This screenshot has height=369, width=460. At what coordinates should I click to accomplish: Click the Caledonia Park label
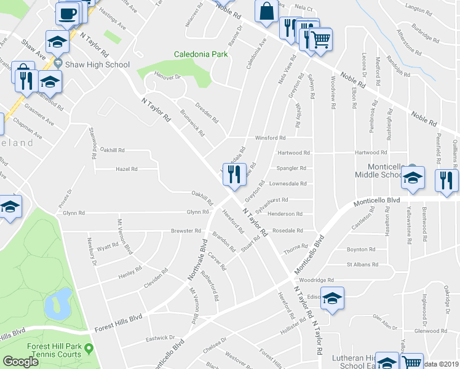(x=201, y=54)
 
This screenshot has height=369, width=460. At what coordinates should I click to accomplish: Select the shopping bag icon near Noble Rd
(x=266, y=12)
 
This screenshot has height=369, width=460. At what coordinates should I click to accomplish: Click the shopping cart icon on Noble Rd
(x=320, y=40)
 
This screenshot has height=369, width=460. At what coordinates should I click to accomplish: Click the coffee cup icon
(x=67, y=13)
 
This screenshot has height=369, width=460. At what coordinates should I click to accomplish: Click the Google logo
(x=20, y=361)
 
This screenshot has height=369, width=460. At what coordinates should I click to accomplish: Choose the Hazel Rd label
(x=126, y=169)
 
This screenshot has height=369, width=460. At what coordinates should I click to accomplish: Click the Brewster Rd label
(x=186, y=231)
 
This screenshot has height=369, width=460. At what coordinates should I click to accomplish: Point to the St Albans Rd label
(x=360, y=264)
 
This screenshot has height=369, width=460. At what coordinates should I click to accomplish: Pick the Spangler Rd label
(x=291, y=168)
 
